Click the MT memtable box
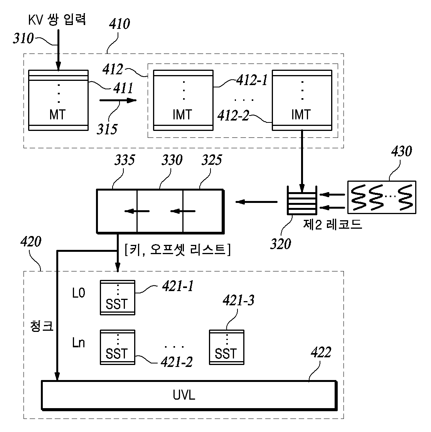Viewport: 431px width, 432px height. [x=59, y=100]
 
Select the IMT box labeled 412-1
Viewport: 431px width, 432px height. [x=183, y=100]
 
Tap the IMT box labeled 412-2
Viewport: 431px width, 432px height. [x=302, y=100]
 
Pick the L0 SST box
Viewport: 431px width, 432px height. [x=118, y=298]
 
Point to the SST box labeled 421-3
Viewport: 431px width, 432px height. [x=227, y=347]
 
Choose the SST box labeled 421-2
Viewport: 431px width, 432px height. [x=118, y=347]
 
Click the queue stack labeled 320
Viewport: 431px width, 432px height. [x=302, y=201]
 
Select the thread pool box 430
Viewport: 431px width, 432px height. [x=382, y=197]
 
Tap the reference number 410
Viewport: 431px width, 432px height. [x=120, y=24]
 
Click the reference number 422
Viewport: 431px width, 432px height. [x=321, y=352]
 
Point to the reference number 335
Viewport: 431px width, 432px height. [x=125, y=160]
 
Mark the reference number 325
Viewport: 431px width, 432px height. [x=212, y=160]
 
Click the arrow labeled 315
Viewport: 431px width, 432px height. [x=118, y=100]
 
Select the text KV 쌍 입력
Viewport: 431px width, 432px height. [x=57, y=20]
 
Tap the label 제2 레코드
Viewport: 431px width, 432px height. [x=332, y=224]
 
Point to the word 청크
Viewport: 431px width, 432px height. [x=42, y=326]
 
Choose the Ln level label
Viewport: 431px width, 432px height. [x=78, y=343]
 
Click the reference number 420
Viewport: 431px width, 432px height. [x=31, y=242]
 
